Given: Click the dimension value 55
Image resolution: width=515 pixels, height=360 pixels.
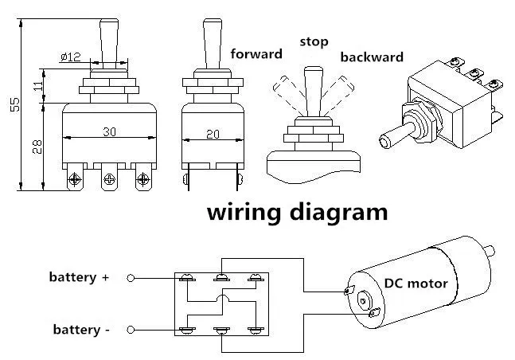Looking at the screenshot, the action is click(x=15, y=104).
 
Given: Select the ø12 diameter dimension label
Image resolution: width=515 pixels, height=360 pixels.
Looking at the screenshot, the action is click(x=71, y=57).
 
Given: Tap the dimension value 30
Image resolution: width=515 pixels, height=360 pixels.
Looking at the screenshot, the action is click(x=109, y=132).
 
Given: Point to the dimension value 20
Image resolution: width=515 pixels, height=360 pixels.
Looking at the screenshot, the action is click(x=213, y=134).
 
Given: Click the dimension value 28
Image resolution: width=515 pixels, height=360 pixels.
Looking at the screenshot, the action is click(x=37, y=147).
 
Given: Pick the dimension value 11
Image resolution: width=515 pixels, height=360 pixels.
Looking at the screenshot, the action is click(x=38, y=85).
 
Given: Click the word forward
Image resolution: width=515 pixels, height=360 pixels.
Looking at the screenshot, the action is click(x=256, y=54).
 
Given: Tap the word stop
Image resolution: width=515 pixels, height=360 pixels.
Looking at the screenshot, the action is click(x=314, y=42).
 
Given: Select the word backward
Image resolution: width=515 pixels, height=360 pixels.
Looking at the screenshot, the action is click(x=372, y=57).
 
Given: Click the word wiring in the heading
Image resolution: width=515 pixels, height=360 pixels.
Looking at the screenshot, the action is click(x=244, y=213).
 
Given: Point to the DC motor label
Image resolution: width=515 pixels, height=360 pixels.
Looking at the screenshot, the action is click(x=416, y=283).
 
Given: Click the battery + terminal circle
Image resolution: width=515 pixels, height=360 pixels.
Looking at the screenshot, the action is click(x=131, y=278).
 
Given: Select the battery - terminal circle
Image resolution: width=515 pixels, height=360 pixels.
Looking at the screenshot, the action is click(x=131, y=330).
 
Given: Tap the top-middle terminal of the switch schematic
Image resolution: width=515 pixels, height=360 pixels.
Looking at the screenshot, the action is click(x=222, y=278).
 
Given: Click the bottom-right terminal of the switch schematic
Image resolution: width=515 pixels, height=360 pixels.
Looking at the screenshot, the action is click(x=256, y=330).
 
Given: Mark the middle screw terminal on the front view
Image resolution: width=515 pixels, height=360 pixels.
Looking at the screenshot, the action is click(x=109, y=179).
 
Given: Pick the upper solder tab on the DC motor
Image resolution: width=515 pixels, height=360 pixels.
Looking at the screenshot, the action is click(x=349, y=290).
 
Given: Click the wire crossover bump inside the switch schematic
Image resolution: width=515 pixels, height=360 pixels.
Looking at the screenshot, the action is click(x=223, y=298).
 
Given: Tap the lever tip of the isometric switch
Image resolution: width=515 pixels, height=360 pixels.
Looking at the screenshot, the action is click(x=385, y=141).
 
